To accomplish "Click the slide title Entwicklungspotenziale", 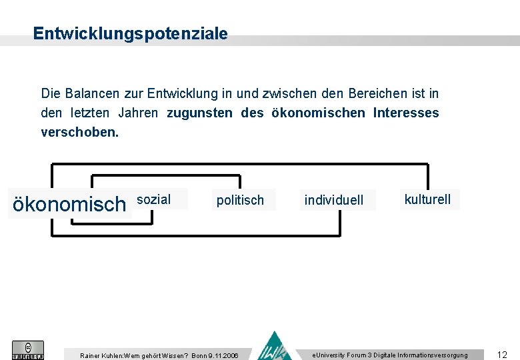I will point(130,33).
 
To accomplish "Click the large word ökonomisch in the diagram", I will point(69,204).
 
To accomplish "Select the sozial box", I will point(154,199).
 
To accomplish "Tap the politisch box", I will point(240,200).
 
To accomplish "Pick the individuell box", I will point(334,200).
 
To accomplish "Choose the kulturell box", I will point(427,199).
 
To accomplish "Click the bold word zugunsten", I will point(199,113).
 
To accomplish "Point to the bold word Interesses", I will point(406,113).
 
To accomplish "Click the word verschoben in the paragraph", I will point(79,132).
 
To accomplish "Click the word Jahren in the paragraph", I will point(138,113).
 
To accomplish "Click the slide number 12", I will point(502,355).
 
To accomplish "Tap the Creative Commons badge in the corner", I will point(28,350).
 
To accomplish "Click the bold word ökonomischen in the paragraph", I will point(318,113).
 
